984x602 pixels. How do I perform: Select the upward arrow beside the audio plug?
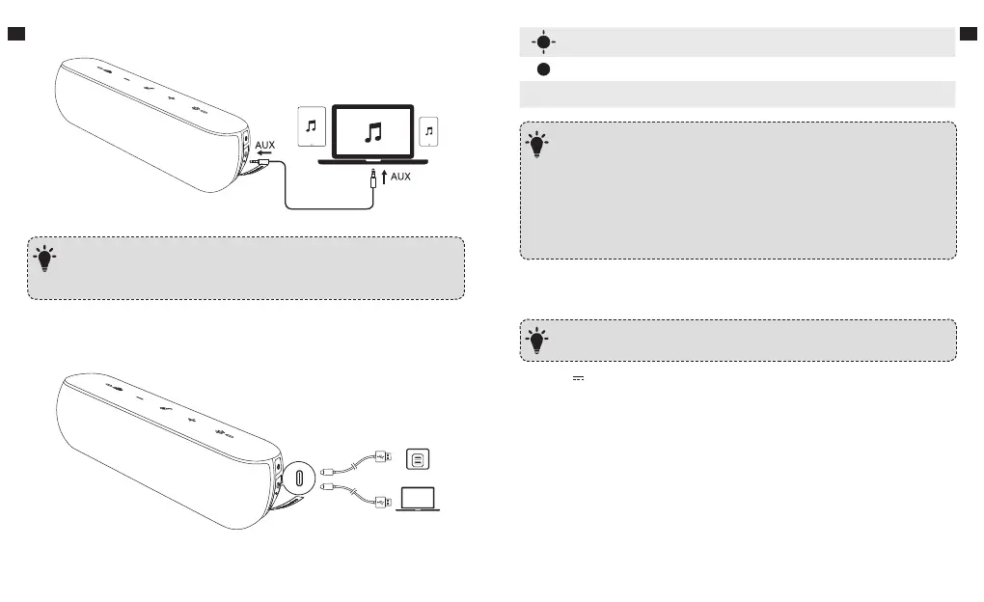pos(386,177)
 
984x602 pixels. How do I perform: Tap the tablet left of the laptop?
pos(311,126)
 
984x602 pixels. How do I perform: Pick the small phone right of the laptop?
pos(431,131)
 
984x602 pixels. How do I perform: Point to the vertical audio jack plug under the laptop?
pos(372,178)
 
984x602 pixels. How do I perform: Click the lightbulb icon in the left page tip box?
pos(45,259)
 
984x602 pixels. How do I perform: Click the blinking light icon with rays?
pos(543,41)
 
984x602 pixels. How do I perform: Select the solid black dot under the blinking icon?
pos(544,70)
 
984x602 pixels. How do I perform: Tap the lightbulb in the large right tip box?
pos(537,146)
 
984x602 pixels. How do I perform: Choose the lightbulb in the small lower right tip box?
pos(537,338)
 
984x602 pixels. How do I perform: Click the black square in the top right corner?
pos(969,35)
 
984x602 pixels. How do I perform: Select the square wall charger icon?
pos(417,459)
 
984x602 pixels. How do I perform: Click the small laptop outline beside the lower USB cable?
pos(417,499)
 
